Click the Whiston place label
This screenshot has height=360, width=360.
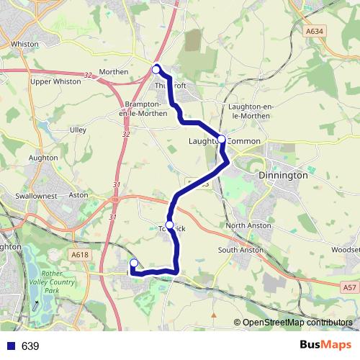click(25, 44)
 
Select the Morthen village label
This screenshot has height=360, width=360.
click(114, 72)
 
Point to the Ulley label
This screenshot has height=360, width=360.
click(77, 130)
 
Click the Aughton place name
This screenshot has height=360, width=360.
click(43, 156)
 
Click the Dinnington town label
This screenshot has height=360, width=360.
click(283, 175)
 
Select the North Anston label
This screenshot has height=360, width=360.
click(248, 225)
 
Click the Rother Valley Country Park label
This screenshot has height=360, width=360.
click(59, 282)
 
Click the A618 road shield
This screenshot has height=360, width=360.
click(79, 253)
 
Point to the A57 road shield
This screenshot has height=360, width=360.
click(348, 287)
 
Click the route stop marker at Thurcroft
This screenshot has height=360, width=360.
click(156, 69)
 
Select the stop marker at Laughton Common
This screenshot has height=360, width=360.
click(222, 139)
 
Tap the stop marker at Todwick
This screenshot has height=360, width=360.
click(170, 225)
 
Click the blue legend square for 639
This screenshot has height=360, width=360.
click(10, 346)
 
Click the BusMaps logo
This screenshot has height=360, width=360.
click(325, 345)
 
